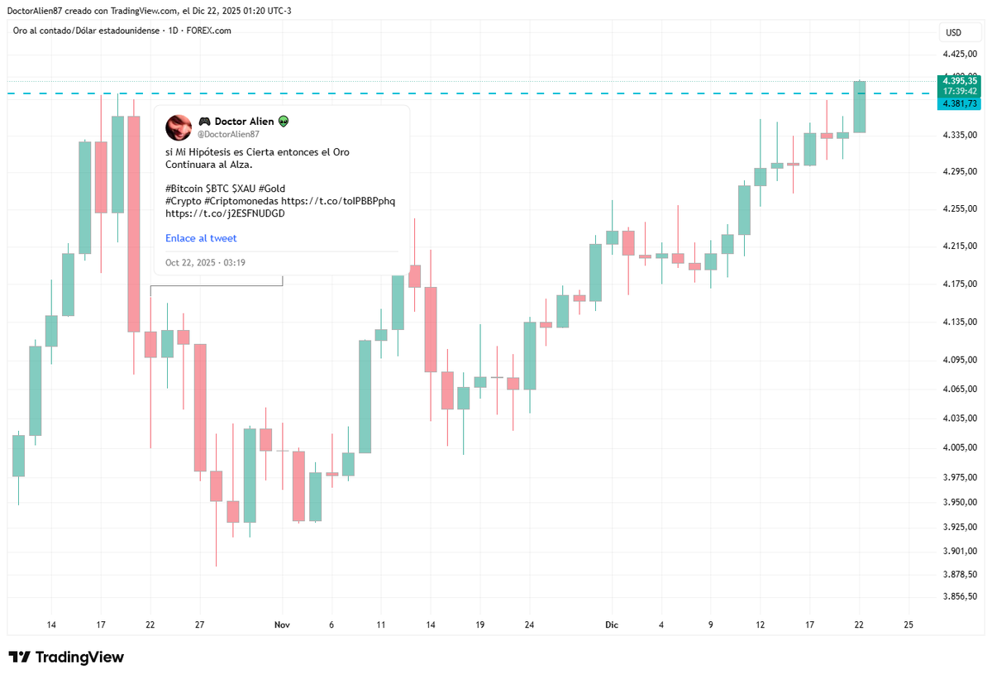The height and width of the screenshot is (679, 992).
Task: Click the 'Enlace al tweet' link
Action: (x=201, y=238)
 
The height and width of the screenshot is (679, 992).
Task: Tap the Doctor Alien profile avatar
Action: (x=179, y=127)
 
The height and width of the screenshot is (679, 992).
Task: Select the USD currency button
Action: (x=953, y=33)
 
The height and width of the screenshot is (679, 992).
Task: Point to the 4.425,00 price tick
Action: (x=961, y=55)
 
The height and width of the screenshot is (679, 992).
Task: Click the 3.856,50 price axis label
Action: (x=961, y=596)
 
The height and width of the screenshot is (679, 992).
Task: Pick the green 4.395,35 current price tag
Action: (x=960, y=81)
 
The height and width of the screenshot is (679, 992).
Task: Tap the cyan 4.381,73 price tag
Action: (x=960, y=103)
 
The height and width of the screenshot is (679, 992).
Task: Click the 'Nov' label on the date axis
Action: (x=282, y=625)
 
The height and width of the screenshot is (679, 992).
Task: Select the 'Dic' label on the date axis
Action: (x=612, y=625)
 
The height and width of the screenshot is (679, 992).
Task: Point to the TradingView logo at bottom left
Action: (x=66, y=657)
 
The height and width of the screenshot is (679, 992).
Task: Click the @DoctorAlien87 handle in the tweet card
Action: (x=228, y=134)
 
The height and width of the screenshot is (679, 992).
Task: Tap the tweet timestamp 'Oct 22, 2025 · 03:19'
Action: (x=205, y=263)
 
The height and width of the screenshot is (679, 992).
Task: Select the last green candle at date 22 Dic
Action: (x=860, y=107)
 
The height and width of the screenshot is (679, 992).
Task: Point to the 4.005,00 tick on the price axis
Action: (x=961, y=447)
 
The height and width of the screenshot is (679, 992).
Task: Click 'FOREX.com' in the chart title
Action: (x=210, y=31)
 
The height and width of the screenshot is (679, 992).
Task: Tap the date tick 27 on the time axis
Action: (x=199, y=625)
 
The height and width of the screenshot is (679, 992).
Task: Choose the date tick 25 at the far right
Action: (x=909, y=625)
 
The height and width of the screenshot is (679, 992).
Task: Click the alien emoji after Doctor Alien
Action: (x=284, y=122)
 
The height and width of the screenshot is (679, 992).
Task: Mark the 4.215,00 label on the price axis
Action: (x=961, y=246)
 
